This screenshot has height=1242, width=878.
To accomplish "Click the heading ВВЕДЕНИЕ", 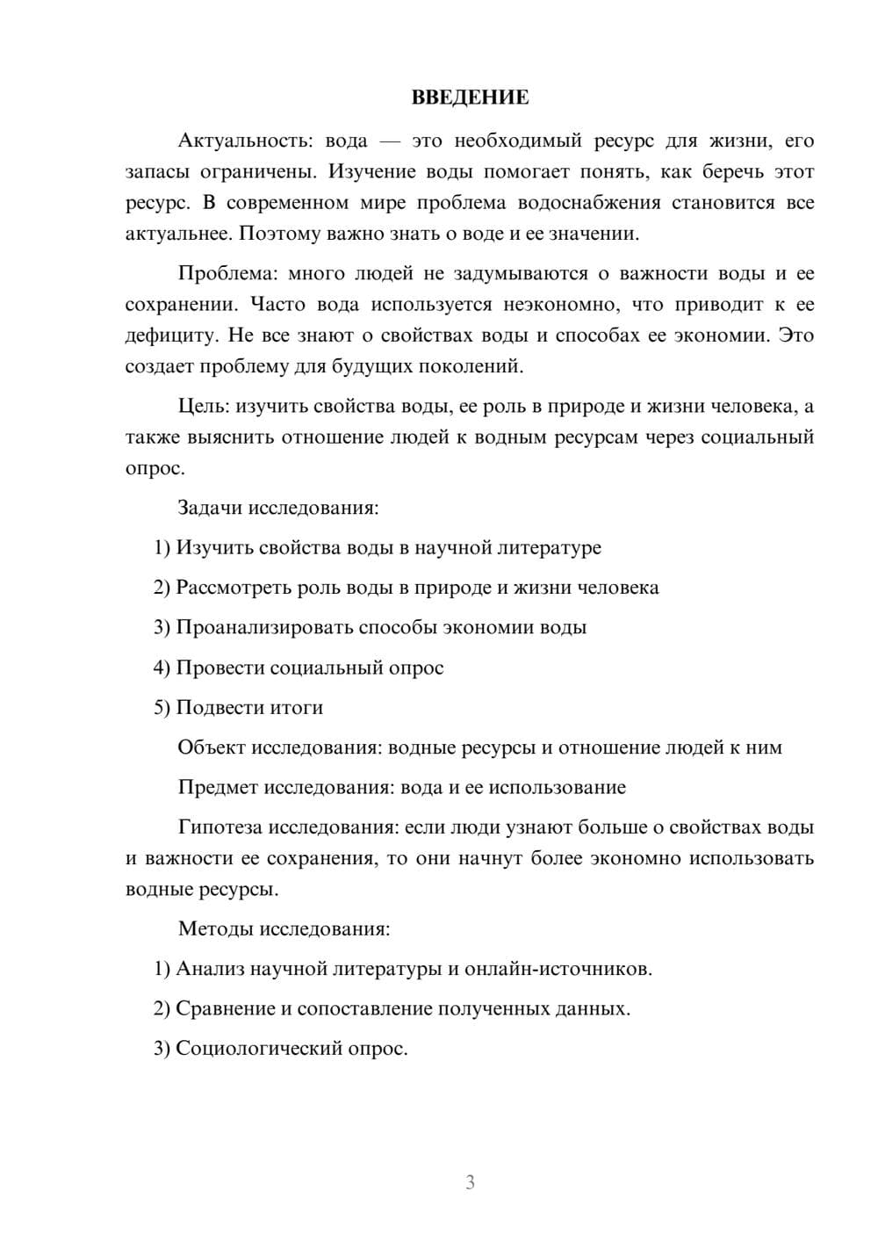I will click(x=470, y=97).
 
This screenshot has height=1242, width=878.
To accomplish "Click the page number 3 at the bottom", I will click(x=470, y=1182).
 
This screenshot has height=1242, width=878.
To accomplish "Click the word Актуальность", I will click(x=245, y=141).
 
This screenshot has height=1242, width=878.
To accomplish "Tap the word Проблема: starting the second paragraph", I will click(x=227, y=273).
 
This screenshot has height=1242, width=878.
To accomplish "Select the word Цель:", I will click(x=204, y=406).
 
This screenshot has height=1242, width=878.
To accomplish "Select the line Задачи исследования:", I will click(x=278, y=508).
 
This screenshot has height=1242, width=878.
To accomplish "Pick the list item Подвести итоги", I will click(x=249, y=708).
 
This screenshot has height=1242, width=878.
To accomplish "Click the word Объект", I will click(x=212, y=747).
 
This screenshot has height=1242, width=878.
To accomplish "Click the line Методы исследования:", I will click(x=284, y=928).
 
